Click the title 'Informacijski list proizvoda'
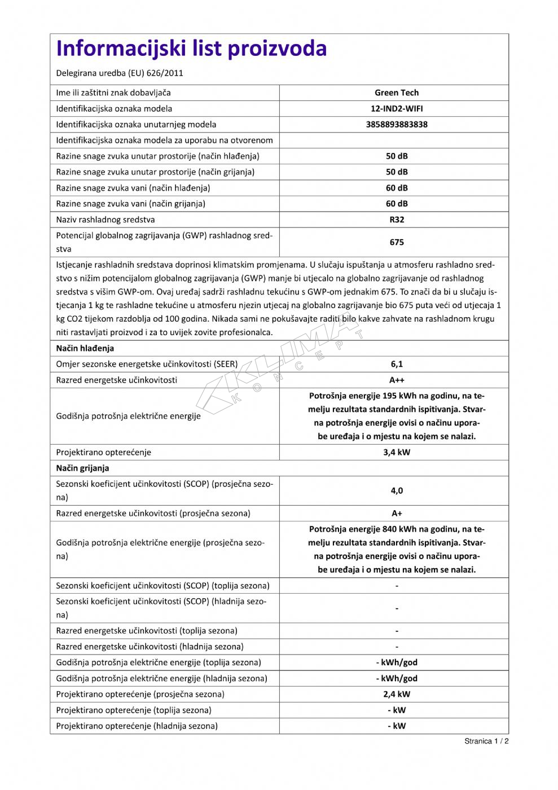(x=191, y=49)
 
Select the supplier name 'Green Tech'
(x=397, y=93)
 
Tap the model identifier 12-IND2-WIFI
(x=397, y=108)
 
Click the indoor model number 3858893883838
(x=397, y=124)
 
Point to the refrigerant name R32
(x=397, y=220)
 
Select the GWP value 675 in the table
(x=397, y=242)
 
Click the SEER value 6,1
(x=397, y=364)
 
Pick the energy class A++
(x=397, y=380)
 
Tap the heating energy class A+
(x=397, y=513)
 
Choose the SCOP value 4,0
(x=397, y=490)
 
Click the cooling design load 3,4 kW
(x=397, y=452)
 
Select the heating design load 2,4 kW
(x=397, y=694)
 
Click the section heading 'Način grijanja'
(x=82, y=468)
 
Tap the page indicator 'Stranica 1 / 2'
(x=486, y=741)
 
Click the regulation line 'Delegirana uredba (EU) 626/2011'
(x=120, y=73)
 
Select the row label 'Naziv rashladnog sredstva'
(x=105, y=220)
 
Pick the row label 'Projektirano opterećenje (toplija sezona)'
(x=134, y=710)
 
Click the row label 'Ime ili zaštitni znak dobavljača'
(x=113, y=93)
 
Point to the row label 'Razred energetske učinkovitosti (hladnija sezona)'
(x=150, y=647)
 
